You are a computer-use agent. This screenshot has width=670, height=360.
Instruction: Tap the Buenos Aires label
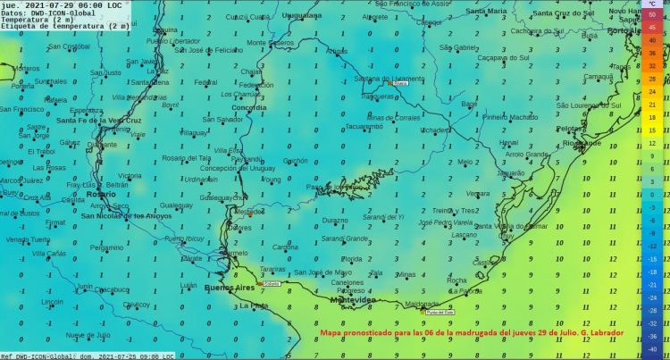pos(230,288)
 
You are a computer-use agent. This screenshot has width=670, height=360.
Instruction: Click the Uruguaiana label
pos(301,16)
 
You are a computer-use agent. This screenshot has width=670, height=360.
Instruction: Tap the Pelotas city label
pos(572,128)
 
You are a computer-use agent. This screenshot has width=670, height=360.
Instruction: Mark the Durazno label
pos(335,220)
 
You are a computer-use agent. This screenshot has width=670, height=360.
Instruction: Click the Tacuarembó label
pos(363,126)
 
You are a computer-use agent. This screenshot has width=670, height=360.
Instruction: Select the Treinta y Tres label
pos(459,210)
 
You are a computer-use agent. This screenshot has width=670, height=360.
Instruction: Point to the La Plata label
pos(254,306)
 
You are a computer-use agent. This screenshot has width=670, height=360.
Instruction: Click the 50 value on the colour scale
pos(653,17)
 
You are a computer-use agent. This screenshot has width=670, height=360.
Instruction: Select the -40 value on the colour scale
pos(653,350)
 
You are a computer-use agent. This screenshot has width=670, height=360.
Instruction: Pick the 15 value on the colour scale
pos(653,130)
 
